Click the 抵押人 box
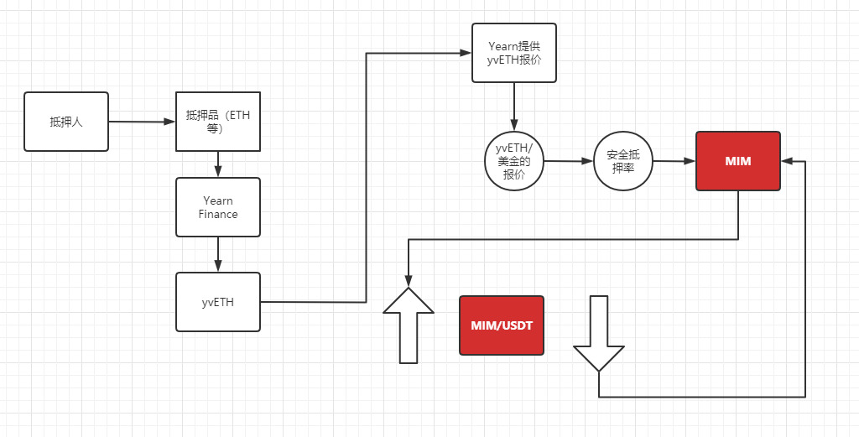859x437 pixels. coord(66,122)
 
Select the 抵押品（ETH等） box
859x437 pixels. coord(217,122)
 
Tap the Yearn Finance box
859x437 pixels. coord(218,207)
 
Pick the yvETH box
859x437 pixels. coord(218,302)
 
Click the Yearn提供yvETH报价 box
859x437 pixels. coord(514,52)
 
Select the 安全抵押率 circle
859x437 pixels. coord(623,160)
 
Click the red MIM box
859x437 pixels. coord(738,161)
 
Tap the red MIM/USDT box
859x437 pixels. coord(502,325)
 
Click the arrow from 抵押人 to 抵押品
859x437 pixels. coord(142,122)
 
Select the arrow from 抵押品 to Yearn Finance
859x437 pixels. coord(218,164)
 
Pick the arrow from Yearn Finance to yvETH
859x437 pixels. coord(218,254)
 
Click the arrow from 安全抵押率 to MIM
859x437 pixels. coord(674,160)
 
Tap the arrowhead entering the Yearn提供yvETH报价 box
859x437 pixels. coord(466,54)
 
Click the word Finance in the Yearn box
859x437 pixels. coord(218,214)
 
